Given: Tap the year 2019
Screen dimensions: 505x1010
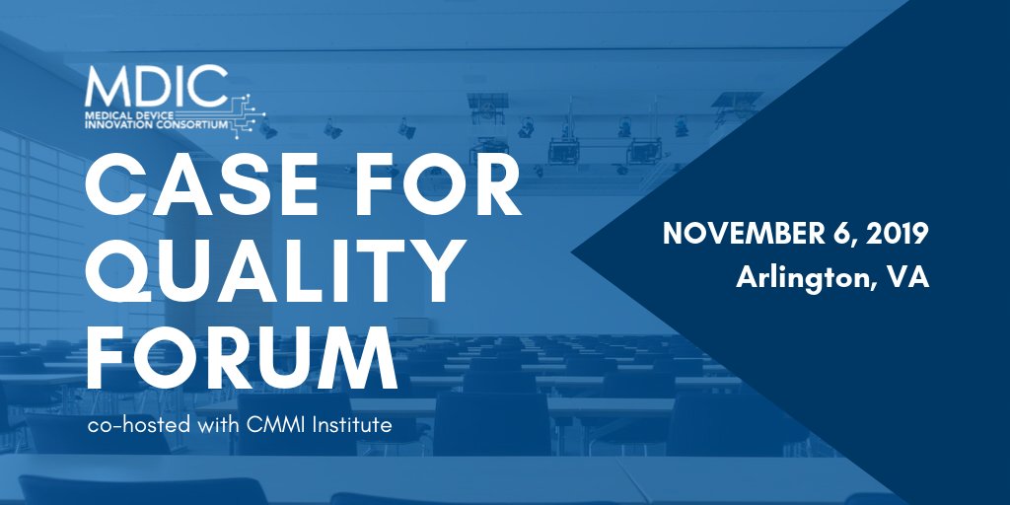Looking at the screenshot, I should [x=897, y=235].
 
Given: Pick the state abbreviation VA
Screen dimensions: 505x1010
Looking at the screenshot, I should [x=907, y=278].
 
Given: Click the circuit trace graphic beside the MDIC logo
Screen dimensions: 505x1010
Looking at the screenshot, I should [x=248, y=111].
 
